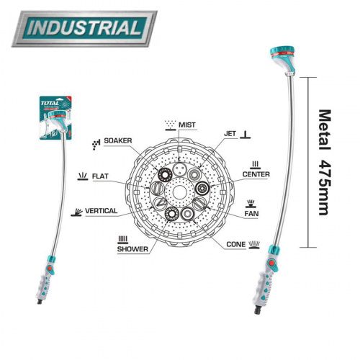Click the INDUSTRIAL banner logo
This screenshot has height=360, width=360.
84,28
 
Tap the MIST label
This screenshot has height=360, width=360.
187,125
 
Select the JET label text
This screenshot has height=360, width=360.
230,133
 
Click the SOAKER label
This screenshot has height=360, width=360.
118,140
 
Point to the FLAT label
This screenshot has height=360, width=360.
100,176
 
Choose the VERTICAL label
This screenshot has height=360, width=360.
102,211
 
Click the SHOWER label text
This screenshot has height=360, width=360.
132,249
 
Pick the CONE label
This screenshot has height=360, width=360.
236,244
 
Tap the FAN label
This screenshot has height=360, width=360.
251,213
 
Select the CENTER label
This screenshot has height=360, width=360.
256,174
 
